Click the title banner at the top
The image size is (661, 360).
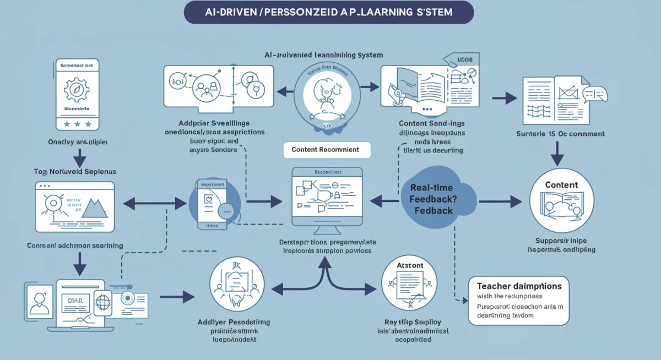point(328,12)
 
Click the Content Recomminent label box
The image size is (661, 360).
point(325,149)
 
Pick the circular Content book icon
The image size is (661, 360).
point(561,200)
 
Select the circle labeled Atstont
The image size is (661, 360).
point(410,284)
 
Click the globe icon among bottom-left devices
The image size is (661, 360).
point(103,302)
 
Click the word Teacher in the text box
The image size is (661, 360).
point(492,286)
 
